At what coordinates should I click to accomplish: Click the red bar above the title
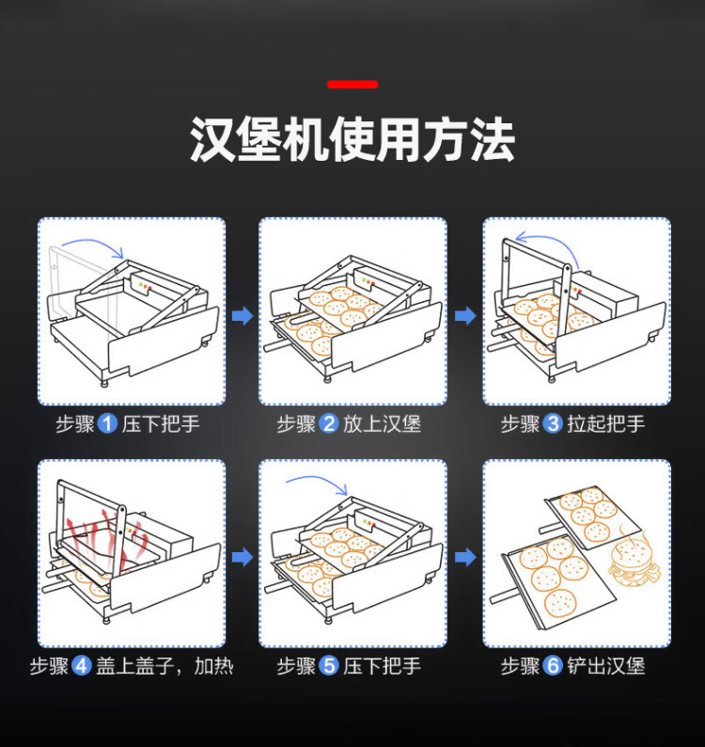click(352, 85)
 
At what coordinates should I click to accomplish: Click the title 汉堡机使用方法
click(352, 140)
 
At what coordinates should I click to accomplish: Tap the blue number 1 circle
click(107, 423)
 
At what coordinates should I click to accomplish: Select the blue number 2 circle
click(328, 423)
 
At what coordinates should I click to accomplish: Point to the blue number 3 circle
click(553, 423)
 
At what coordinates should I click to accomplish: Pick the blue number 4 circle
click(82, 665)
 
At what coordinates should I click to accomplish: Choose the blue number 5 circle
click(328, 665)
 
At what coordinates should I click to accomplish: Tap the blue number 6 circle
click(553, 665)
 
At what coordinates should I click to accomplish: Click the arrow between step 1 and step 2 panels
click(243, 315)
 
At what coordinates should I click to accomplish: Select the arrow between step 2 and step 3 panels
click(465, 315)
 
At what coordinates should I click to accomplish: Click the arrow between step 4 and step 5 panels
click(243, 556)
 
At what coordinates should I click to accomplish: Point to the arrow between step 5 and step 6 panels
click(465, 556)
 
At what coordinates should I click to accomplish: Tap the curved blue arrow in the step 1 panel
click(94, 241)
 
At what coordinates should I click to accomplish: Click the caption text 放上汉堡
click(382, 423)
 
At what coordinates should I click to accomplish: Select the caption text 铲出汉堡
click(605, 665)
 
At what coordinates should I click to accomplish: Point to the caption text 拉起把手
click(605, 423)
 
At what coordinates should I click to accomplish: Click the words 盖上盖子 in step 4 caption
click(134, 665)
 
